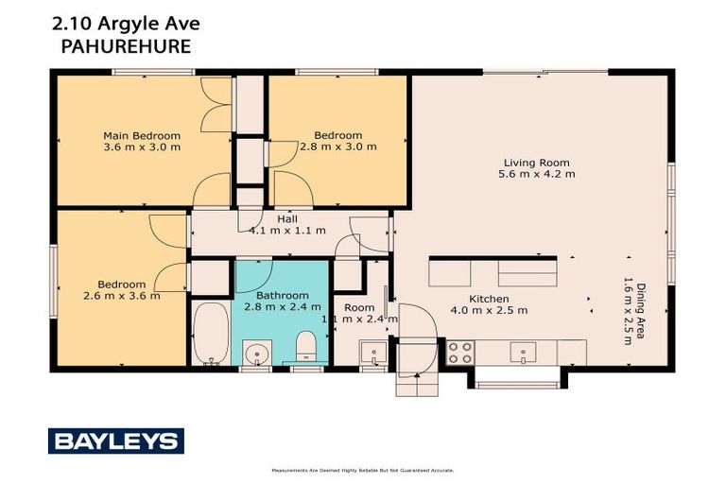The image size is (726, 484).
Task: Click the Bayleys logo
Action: [x=115, y=441]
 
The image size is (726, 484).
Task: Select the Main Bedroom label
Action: [x=141, y=135]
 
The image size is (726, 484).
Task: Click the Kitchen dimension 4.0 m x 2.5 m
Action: [x=489, y=310]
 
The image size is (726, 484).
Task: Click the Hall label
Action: [x=287, y=218]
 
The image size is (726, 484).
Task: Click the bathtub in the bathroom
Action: [x=210, y=333]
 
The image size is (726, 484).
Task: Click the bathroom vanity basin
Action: [x=255, y=354]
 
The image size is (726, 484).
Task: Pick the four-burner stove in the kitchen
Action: [x=459, y=353]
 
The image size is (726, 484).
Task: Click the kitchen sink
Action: [x=523, y=353]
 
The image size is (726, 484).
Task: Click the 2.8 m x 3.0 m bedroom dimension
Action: [x=337, y=147]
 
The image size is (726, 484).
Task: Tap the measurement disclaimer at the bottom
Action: [x=362, y=470]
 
